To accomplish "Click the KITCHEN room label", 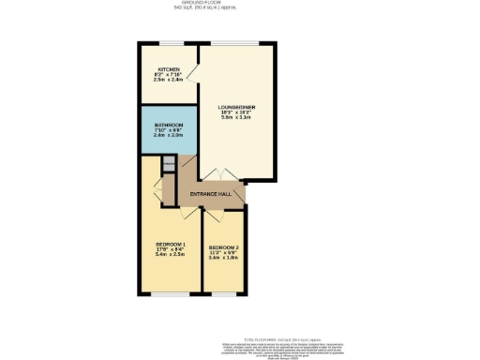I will tap(169, 69).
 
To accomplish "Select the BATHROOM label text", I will tap(169, 125).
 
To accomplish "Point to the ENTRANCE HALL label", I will tap(211, 194).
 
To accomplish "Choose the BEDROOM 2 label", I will tap(223, 247).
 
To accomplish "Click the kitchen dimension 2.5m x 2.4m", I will tap(169, 81).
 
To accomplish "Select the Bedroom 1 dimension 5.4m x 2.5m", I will tap(171, 254).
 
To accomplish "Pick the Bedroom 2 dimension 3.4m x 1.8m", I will tap(223, 259).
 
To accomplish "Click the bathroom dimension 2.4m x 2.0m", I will tap(169, 136).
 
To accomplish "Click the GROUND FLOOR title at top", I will tap(240, 4).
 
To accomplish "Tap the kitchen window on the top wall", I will tap(169, 43).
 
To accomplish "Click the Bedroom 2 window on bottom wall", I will tap(223, 293).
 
